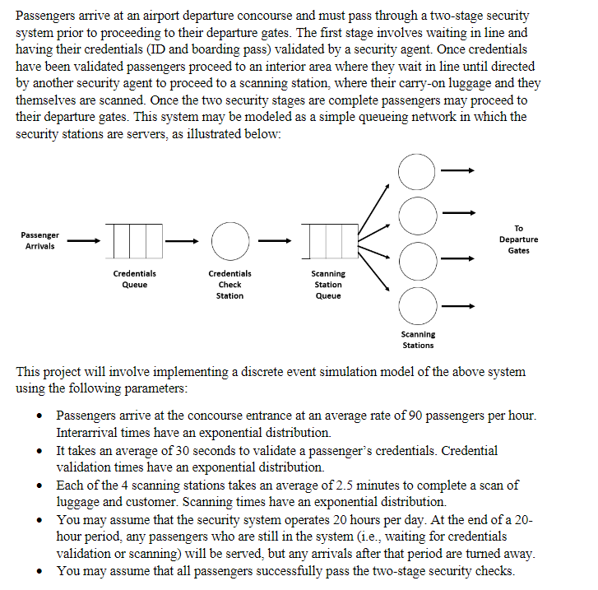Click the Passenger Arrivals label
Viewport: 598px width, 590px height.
tap(39, 240)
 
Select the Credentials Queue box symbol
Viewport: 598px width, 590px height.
tap(135, 240)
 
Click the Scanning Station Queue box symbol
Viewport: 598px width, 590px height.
tap(328, 240)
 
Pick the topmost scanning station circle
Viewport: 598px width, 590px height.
tap(417, 171)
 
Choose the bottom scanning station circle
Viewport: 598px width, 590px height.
tap(417, 305)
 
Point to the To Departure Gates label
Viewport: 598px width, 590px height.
tap(518, 239)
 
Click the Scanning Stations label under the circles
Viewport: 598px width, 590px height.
tap(418, 340)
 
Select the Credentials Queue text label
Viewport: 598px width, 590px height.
tap(135, 279)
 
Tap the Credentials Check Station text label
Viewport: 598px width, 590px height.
tap(229, 284)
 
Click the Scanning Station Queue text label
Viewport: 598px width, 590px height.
tap(328, 284)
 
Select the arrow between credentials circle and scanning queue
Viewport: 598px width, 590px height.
tap(275, 240)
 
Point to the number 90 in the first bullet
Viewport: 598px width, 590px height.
tap(409, 416)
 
